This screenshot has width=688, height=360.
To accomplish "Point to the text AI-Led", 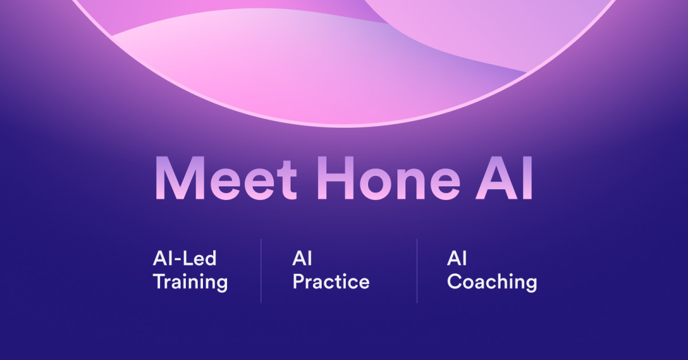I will click(185, 259).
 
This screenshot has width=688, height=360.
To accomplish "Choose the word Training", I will click(190, 282).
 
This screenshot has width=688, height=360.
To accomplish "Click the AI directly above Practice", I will click(302, 259).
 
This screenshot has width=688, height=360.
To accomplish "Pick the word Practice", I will click(331, 282).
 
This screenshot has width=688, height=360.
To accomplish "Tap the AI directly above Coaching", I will click(456, 259).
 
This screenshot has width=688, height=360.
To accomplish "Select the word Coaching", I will click(492, 282).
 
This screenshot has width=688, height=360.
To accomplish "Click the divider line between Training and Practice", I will click(261, 271).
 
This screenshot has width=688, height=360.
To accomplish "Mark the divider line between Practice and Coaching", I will click(417, 271).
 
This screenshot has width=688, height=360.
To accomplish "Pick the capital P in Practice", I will click(298, 281).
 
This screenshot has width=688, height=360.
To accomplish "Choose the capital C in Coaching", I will click(455, 281).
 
